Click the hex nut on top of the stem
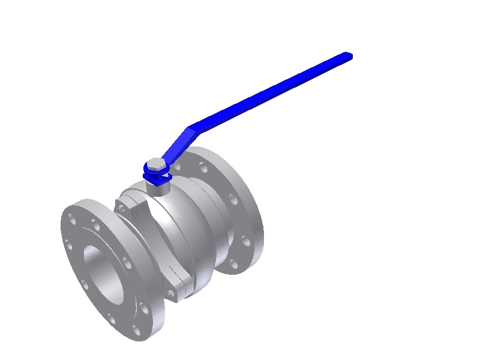pos(155,166)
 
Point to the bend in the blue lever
pos(191,128)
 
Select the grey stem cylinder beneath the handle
pos(159,187)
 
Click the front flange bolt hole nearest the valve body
pos(127,262)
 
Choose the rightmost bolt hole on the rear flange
pos(245,241)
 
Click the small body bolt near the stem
pos(122,208)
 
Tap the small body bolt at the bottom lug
pos(172,293)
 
